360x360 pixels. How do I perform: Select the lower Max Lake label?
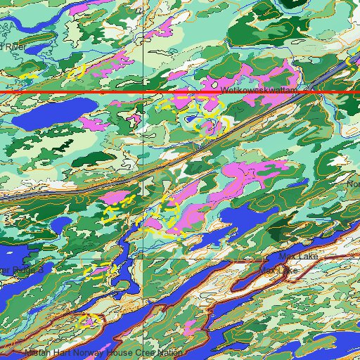point(279,269)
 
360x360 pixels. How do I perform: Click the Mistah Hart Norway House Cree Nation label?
point(104,352)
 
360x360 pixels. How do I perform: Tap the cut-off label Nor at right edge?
point(353,184)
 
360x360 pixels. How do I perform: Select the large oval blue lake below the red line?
point(56,112)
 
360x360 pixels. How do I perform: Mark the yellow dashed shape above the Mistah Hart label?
point(88,321)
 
